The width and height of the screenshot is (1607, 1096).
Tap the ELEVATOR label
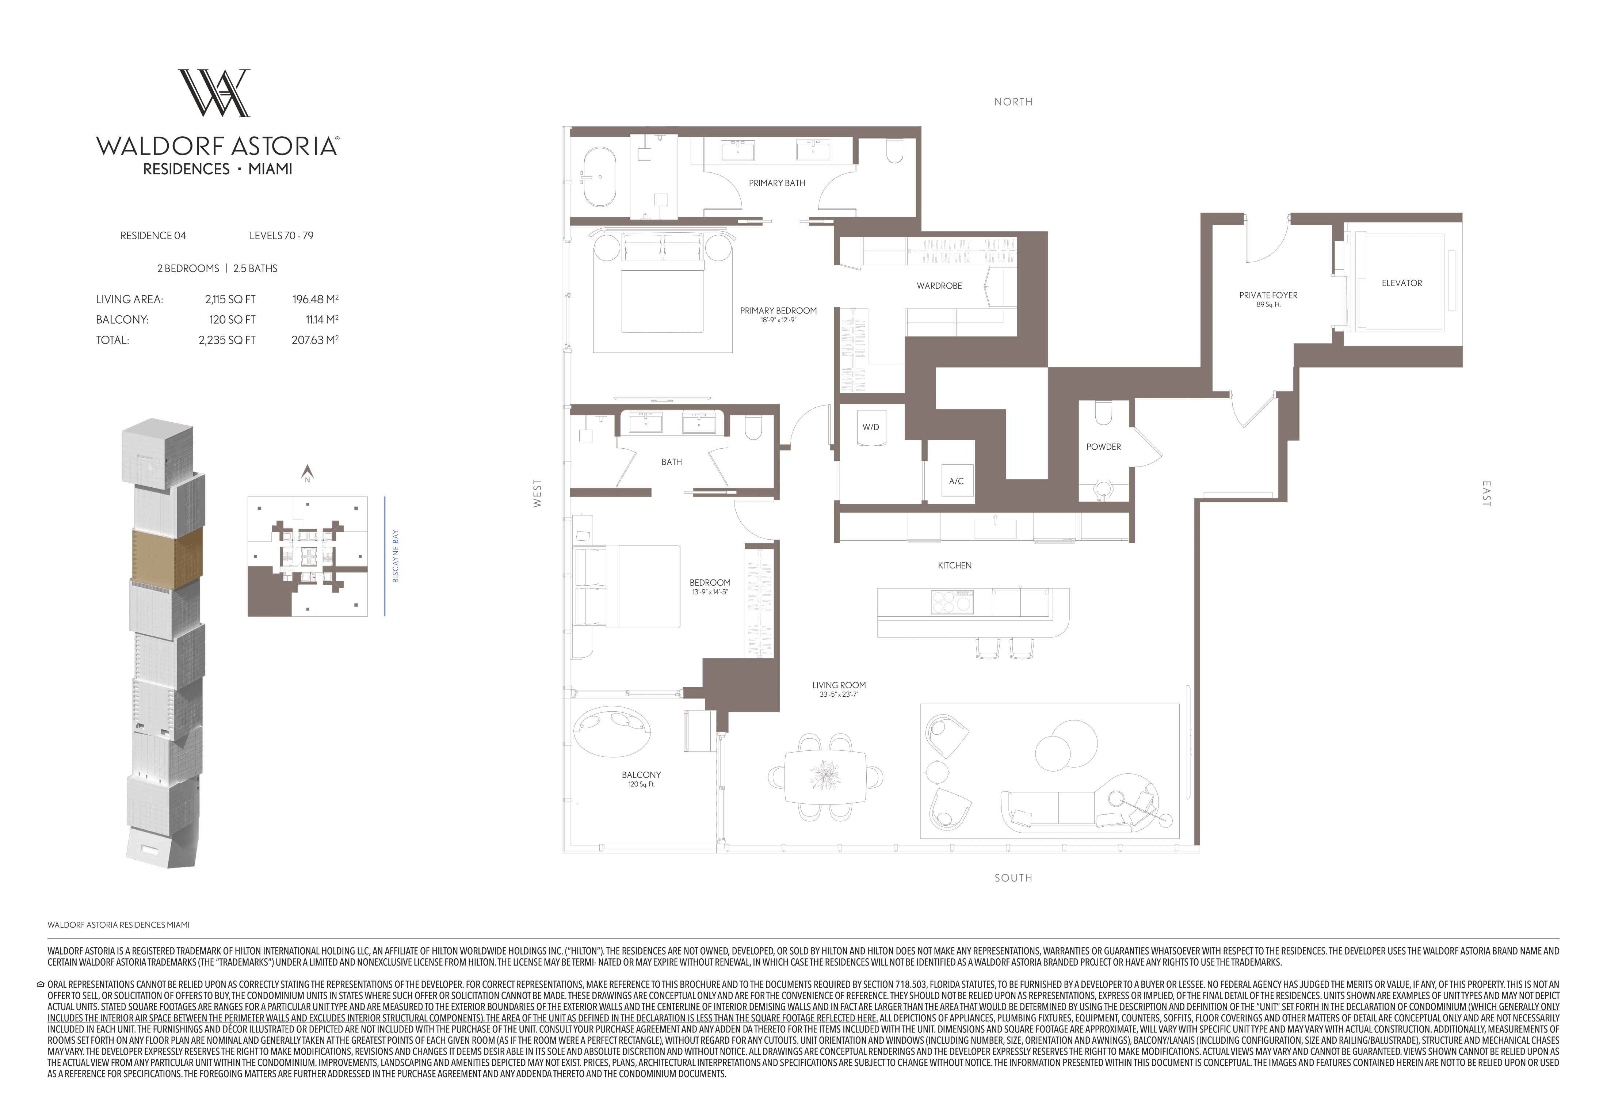tap(1402, 283)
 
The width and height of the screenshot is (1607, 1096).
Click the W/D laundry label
tap(871, 427)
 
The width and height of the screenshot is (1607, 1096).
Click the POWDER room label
tap(1104, 447)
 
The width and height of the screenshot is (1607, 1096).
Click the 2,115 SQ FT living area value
tap(230, 300)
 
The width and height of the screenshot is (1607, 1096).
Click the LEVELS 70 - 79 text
tap(282, 235)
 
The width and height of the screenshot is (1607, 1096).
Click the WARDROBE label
tap(939, 286)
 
